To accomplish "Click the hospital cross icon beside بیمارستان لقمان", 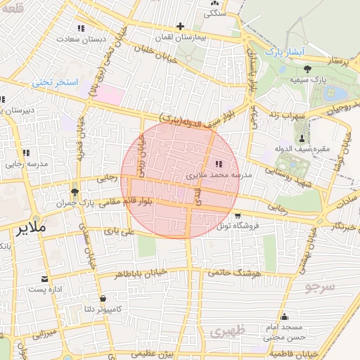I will point(181,25).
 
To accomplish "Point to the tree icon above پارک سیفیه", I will point(307,68).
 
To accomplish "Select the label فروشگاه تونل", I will point(238,226).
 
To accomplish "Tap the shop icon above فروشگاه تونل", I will point(237,215).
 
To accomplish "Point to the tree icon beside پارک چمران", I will point(75,192).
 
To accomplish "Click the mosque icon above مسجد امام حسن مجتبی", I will point(283,316).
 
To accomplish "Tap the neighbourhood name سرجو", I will point(321,286).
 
